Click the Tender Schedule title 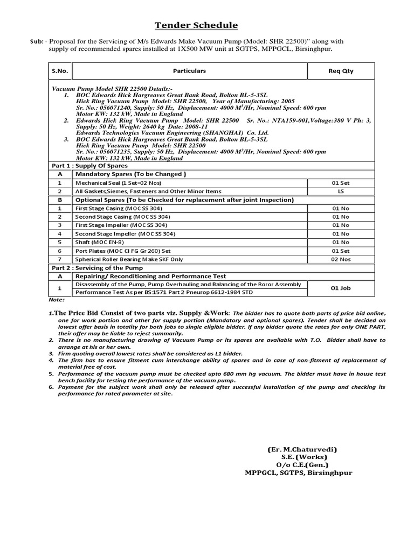pos(196,25)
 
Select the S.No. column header pos(59,71)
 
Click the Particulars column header pos(189,71)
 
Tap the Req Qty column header pos(341,71)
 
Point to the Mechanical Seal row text pos(118,183)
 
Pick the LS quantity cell pos(341,191)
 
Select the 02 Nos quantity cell pos(341,259)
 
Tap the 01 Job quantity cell pos(341,288)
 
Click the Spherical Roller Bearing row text pos(129,259)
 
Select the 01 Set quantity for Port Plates pos(341,251)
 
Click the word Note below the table pos(56,299)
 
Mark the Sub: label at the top pos(38,41)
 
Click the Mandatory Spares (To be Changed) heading pos(131,174)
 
